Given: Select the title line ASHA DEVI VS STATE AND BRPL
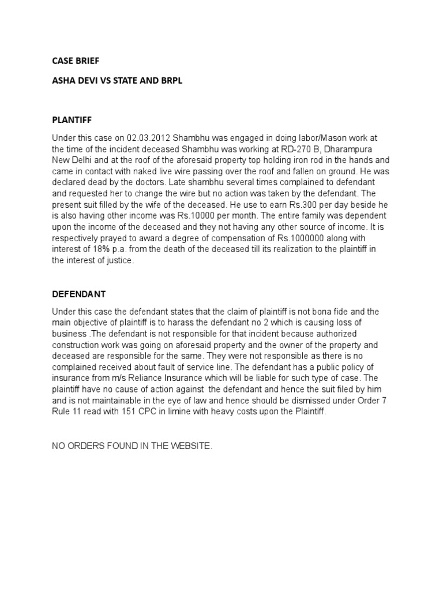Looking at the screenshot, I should [117, 80].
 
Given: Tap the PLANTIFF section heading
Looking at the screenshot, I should [72, 119].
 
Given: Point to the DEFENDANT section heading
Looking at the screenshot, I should [79, 294].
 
